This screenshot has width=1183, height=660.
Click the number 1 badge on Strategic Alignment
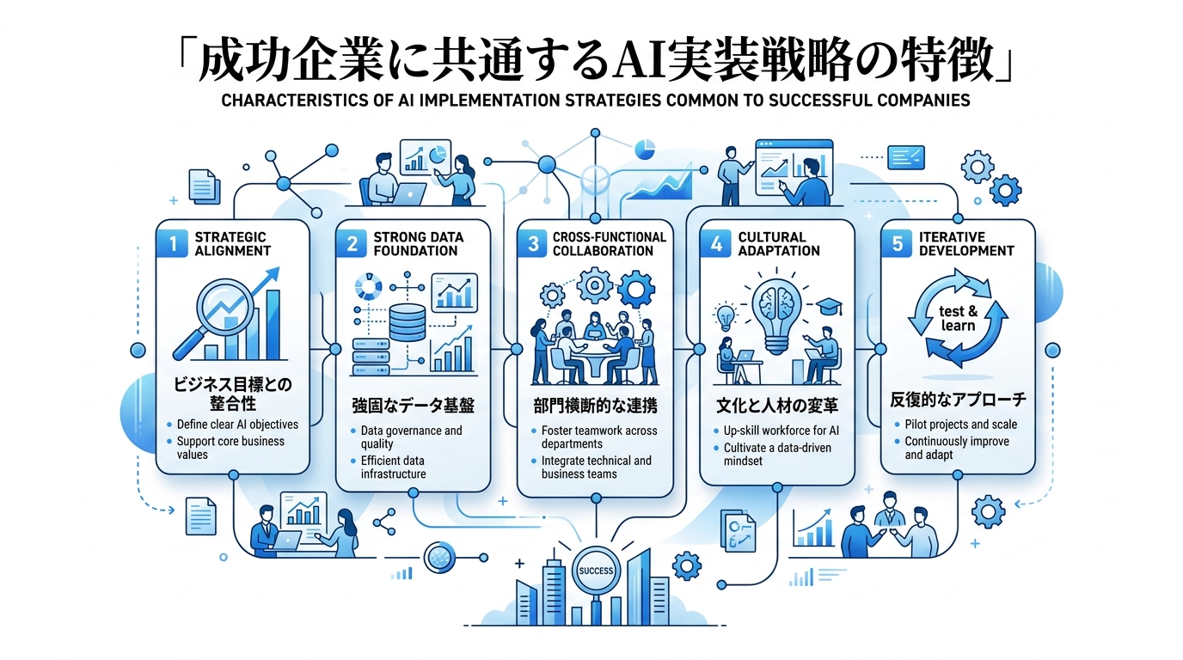172,243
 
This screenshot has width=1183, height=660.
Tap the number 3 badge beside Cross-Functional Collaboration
533,243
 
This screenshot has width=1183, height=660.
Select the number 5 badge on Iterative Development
897,243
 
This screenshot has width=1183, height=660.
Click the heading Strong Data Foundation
418,243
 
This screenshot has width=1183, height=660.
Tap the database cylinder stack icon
407,322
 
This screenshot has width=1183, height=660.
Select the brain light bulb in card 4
776,311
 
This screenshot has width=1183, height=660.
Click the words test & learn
958,319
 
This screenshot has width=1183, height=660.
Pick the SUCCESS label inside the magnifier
597,571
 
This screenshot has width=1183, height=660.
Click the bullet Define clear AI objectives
237,425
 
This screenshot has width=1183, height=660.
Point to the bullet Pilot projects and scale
960,425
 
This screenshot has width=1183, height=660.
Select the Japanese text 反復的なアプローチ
958,400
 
